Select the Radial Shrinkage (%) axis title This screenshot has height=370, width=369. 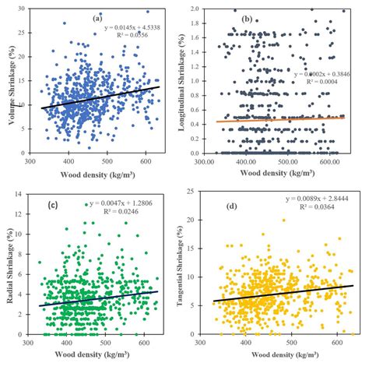[9, 269]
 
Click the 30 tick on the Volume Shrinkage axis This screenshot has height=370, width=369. [21, 9]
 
